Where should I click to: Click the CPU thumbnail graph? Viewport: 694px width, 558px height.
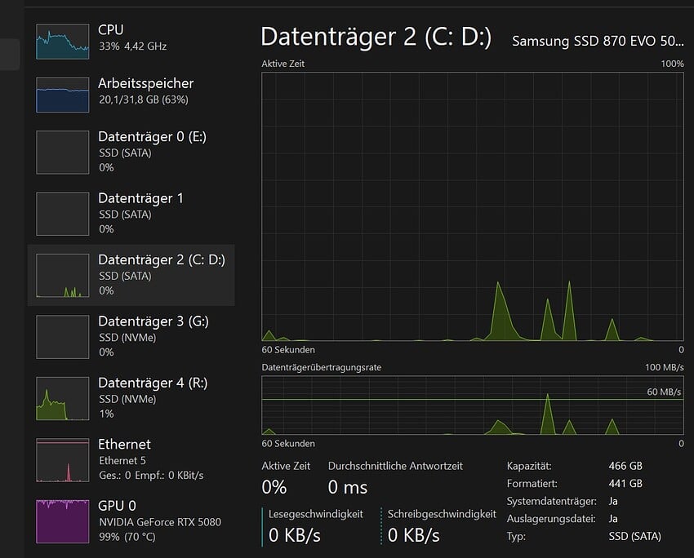click(x=62, y=41)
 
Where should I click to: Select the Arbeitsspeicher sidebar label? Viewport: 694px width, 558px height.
click(x=145, y=83)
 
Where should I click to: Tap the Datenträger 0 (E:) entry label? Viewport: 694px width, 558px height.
click(x=152, y=136)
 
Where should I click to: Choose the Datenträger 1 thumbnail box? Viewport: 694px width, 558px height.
click(x=62, y=214)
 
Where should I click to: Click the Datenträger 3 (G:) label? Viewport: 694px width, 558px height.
click(x=153, y=321)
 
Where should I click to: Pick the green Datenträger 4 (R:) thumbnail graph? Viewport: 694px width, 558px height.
click(x=62, y=398)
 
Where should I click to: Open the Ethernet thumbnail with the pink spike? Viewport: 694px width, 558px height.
click(x=62, y=460)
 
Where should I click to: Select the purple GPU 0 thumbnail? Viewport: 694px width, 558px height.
click(x=62, y=521)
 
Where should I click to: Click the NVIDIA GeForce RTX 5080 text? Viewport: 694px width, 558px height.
click(x=160, y=521)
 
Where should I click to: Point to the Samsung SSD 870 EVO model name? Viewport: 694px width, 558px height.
click(x=598, y=41)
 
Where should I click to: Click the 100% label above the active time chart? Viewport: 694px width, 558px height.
click(x=672, y=64)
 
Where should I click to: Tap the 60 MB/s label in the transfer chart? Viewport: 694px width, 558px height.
click(x=664, y=392)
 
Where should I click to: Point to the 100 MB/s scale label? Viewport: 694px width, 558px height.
click(x=664, y=368)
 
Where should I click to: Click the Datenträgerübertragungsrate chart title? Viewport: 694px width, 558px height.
click(x=321, y=368)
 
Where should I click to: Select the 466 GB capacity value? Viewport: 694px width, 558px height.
click(x=625, y=466)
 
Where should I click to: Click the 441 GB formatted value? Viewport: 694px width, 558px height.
click(x=625, y=484)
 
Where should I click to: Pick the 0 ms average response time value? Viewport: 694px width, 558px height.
click(x=348, y=488)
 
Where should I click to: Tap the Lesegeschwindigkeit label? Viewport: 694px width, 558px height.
click(x=316, y=514)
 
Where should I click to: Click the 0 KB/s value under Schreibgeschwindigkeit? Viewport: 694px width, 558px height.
click(x=413, y=535)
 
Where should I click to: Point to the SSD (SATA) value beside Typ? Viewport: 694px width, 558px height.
click(x=634, y=536)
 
